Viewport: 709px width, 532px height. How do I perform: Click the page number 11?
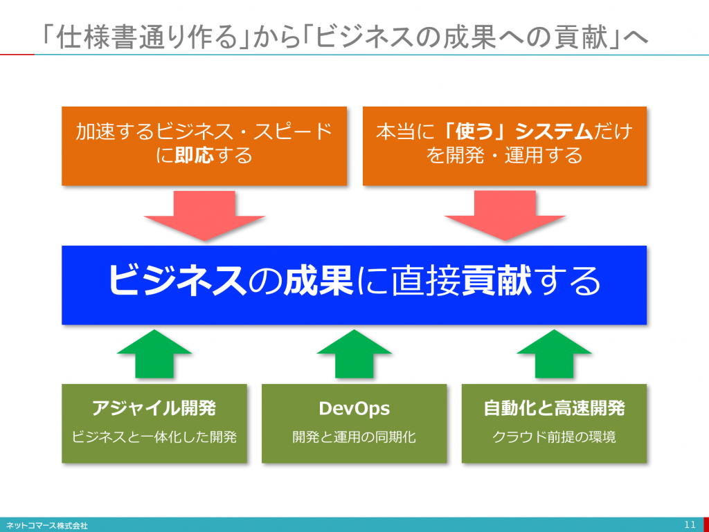click(690, 525)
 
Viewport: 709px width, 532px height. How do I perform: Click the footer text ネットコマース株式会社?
click(46, 526)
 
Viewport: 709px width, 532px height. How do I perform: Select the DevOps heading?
click(354, 408)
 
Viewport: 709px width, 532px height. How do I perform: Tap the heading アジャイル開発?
click(154, 407)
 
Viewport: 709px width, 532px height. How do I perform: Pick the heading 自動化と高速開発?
click(554, 407)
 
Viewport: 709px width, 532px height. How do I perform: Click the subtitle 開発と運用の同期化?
click(354, 437)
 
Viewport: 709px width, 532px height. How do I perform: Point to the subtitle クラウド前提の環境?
click(554, 437)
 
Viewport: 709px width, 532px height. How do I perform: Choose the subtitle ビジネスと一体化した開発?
click(154, 437)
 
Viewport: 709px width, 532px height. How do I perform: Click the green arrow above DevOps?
click(354, 354)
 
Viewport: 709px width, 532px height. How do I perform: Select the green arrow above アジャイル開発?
click(154, 354)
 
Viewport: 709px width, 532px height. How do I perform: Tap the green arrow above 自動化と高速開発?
click(554, 354)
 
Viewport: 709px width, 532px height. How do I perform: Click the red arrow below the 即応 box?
click(204, 216)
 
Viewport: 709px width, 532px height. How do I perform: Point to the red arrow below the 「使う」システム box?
click(505, 216)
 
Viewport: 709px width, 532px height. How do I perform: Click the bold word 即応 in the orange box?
click(194, 156)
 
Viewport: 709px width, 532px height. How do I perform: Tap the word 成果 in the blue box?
click(318, 280)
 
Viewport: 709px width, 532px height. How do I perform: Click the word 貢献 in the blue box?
click(496, 280)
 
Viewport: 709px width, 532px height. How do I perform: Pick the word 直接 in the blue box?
click(426, 280)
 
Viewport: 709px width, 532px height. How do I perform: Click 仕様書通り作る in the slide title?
click(147, 36)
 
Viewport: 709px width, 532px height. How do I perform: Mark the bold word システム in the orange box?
click(554, 131)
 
